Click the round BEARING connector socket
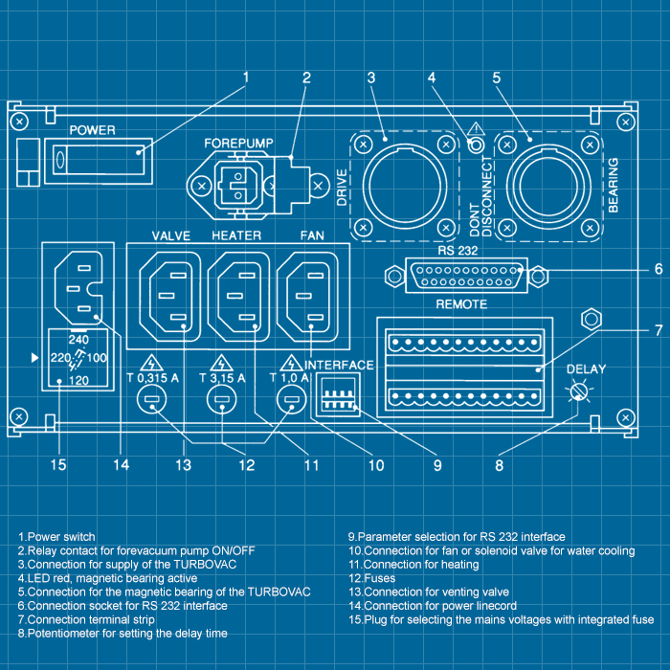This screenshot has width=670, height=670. point(547,185)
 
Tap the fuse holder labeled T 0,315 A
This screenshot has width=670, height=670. point(151,404)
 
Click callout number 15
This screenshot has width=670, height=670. point(58,466)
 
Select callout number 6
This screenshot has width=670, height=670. point(658,270)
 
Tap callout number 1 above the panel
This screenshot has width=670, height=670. point(245,77)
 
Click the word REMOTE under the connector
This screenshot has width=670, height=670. point(460,304)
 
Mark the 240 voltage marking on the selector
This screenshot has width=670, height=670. point(80,339)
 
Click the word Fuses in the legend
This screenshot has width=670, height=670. point(380,578)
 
